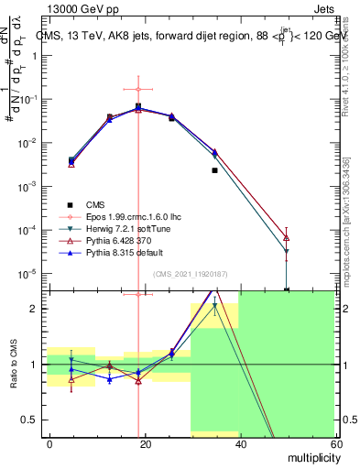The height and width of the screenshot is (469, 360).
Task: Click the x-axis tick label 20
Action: click(x=145, y=443)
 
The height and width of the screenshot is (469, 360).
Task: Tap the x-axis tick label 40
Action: click(x=240, y=443)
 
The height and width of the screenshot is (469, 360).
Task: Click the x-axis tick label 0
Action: click(x=50, y=443)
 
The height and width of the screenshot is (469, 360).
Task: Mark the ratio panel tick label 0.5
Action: click(x=35, y=420)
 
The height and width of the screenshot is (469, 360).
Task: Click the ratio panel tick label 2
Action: click(x=38, y=309)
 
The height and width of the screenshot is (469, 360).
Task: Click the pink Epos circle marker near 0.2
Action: click(x=138, y=89)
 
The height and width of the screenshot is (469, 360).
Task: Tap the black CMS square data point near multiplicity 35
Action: click(x=214, y=170)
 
